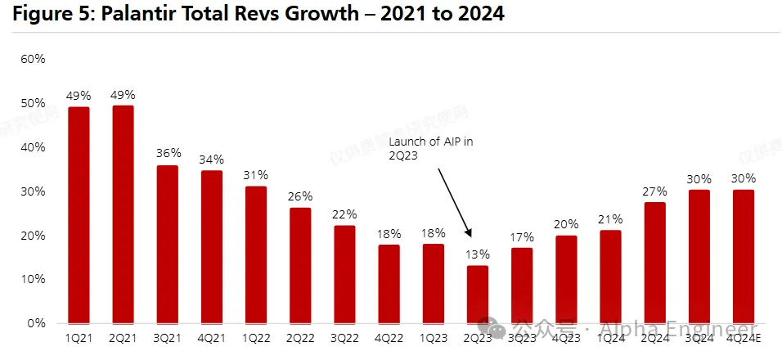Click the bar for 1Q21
(79, 214)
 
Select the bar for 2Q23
(478, 294)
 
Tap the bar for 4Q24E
(744, 256)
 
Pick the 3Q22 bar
(344, 274)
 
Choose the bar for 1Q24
(610, 277)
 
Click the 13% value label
(478, 254)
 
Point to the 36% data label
(167, 153)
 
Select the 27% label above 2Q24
(654, 191)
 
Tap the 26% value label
(300, 196)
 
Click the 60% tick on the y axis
(33, 59)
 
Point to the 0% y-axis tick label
(36, 323)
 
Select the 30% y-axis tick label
(33, 191)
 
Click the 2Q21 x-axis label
(123, 337)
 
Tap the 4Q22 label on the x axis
(389, 337)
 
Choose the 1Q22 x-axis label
(256, 337)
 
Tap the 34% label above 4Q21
(211, 159)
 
